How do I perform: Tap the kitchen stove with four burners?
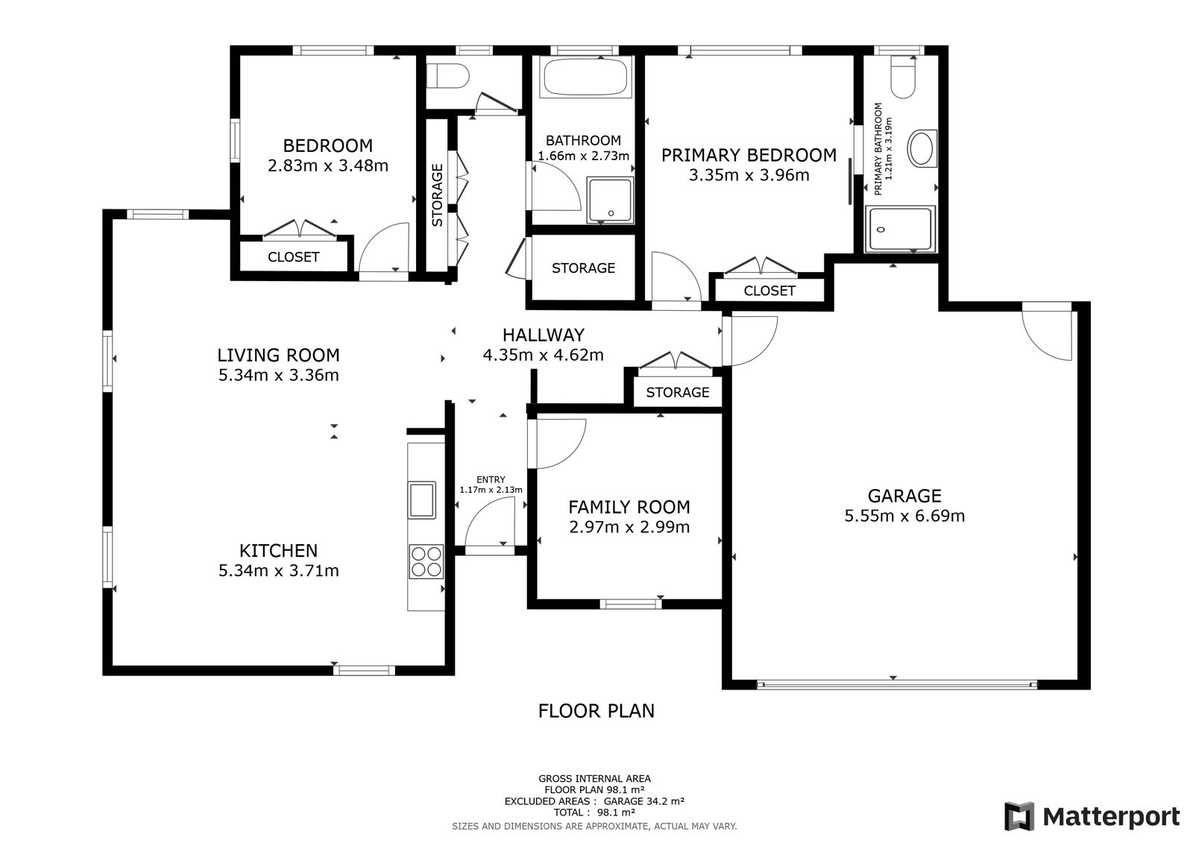coord(426,561)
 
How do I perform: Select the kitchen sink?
coord(421,499)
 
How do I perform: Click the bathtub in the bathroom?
coord(586,78)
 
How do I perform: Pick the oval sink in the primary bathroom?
coord(922,148)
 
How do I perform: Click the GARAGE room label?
coord(904,496)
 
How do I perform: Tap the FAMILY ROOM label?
coord(629,506)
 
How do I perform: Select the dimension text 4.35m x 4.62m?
coord(544,355)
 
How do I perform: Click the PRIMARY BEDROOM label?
coord(749,155)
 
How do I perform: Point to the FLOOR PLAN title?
coord(596,711)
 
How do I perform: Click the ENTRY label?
coord(491,479)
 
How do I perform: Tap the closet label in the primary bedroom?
coord(769,291)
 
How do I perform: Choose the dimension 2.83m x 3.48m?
coord(327,165)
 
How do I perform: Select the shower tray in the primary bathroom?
coord(899,229)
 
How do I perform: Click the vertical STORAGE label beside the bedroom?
coord(437,195)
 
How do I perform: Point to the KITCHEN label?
coord(278,550)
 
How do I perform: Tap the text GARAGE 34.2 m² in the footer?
coord(643,801)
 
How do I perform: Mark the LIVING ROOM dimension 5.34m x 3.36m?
coord(279,375)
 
